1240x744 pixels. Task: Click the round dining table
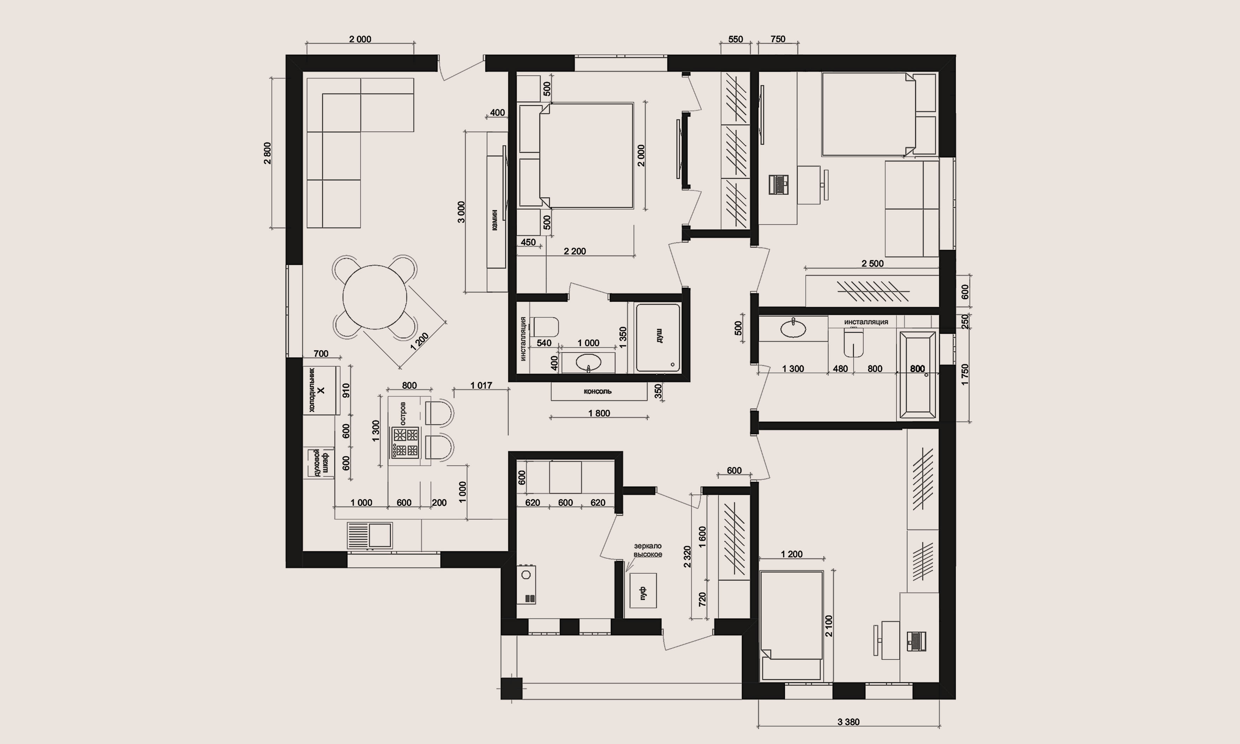(375, 297)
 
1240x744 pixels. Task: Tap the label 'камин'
(495, 219)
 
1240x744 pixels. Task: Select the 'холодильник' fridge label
(311, 390)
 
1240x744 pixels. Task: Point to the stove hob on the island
(405, 442)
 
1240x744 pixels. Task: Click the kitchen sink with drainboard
(369, 535)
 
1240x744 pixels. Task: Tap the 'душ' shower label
(659, 335)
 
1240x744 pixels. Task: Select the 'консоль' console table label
(598, 391)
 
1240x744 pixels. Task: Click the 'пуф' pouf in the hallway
(643, 591)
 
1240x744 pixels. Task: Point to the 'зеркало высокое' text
(648, 550)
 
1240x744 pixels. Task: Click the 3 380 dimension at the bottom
(848, 722)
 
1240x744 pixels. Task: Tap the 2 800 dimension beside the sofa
(267, 153)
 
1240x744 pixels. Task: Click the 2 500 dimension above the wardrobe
(872, 264)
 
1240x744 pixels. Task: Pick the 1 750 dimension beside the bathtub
(965, 375)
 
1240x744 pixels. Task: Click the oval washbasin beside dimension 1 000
(588, 362)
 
